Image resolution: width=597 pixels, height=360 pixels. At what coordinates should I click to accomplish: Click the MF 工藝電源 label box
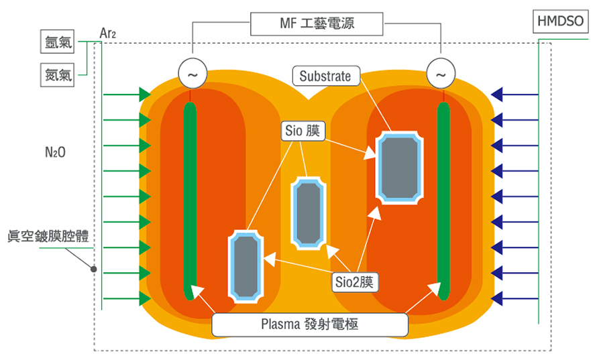coord(317,24)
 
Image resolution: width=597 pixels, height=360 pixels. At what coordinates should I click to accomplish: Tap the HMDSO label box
coord(561,22)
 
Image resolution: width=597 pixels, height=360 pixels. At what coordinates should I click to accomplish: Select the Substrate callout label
coord(325,75)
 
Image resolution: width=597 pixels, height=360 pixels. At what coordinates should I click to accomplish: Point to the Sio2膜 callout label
coord(356,282)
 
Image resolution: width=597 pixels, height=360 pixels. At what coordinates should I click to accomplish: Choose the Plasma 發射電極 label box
coord(310,324)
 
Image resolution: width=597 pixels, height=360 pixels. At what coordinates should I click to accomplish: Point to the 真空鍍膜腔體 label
coord(49,237)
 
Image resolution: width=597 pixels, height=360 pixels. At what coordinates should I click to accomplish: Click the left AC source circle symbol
coord(191,74)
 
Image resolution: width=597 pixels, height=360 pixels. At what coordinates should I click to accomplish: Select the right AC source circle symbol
coord(441,74)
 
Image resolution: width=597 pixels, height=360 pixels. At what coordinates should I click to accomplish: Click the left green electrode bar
coord(190,201)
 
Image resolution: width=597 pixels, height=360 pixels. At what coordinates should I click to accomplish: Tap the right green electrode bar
coord(443,201)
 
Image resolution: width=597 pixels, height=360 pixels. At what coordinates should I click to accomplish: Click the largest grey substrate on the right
coord(400,167)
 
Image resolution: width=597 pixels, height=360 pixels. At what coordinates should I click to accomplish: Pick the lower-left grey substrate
coord(246,265)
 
